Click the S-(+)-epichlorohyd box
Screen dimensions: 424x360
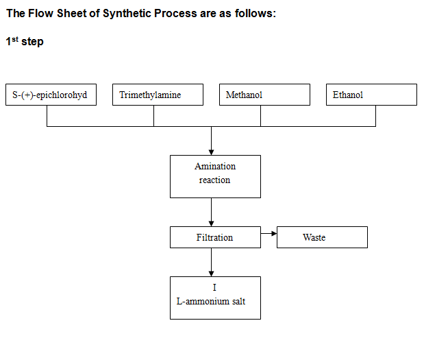[51, 95]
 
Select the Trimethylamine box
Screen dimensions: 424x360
[158, 95]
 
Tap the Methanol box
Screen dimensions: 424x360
[264, 95]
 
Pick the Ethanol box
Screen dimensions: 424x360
[371, 95]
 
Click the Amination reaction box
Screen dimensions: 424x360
[215, 176]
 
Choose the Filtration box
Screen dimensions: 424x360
[215, 237]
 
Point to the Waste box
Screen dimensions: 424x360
[322, 237]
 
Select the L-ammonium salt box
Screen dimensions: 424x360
[215, 298]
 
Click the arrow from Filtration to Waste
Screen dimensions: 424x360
[269, 233]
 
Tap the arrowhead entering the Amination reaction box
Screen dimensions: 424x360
[212, 152]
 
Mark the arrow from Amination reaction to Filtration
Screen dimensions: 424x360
[212, 212]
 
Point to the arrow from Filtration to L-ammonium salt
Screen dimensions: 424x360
[212, 262]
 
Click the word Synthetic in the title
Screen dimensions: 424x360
[127, 14]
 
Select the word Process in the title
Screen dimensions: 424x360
[175, 13]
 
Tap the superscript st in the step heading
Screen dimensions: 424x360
[15, 39]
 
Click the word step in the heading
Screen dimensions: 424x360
[32, 42]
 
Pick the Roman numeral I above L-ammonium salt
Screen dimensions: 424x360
[214, 287]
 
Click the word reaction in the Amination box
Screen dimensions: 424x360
[214, 180]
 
